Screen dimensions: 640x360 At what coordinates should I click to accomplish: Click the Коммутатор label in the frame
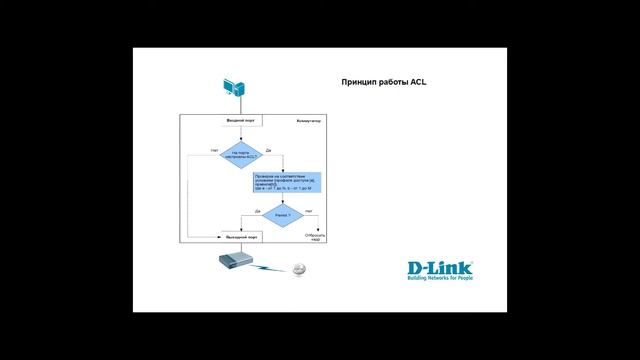coord(308,121)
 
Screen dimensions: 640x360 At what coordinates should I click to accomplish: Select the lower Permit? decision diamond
coord(283,215)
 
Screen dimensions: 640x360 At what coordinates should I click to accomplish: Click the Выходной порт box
coord(242,236)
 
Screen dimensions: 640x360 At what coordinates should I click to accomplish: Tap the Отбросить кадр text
coord(315,238)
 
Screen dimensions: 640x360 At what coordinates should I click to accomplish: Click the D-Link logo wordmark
coord(438,267)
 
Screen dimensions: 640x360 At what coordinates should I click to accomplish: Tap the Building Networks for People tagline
coord(438,281)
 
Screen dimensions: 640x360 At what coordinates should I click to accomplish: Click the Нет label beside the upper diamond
coord(214,150)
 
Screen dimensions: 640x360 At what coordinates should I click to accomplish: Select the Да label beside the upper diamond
coord(269,150)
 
